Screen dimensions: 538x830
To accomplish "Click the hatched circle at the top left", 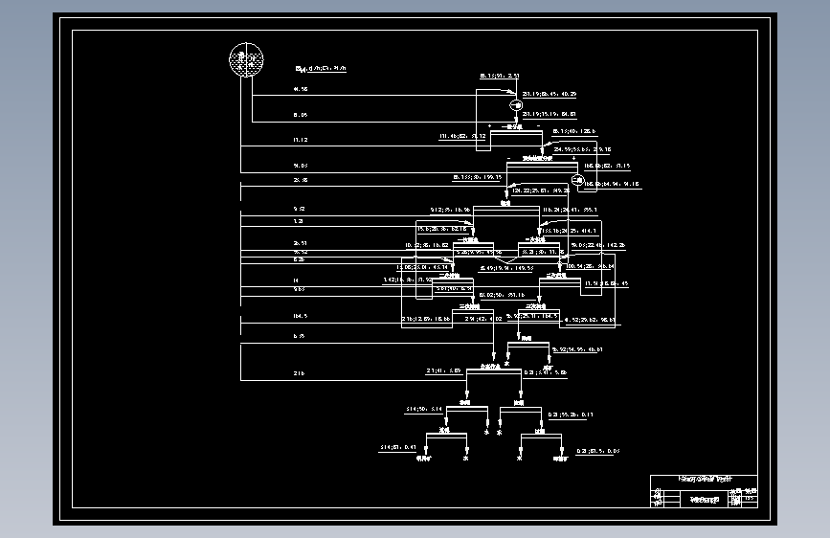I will coord(246,61).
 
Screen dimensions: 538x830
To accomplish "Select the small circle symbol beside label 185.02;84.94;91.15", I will coord(577,181).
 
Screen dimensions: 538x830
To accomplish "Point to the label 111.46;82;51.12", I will coord(463,137).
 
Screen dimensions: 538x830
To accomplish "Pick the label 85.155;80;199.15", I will coord(478,177).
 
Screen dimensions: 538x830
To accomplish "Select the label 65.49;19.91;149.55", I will coord(506,269).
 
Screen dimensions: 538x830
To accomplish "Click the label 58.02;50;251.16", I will coord(501,295).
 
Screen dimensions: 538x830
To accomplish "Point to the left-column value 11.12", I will coord(301,140).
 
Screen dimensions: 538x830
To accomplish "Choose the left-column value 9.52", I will coord(299,209).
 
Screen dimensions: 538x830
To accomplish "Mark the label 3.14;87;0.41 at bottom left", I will coord(397,447).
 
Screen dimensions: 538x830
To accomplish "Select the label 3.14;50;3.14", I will coord(425,409).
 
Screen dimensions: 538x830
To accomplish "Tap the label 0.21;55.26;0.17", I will coord(571,415).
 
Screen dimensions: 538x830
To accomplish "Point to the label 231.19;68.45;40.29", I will coord(550,95).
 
